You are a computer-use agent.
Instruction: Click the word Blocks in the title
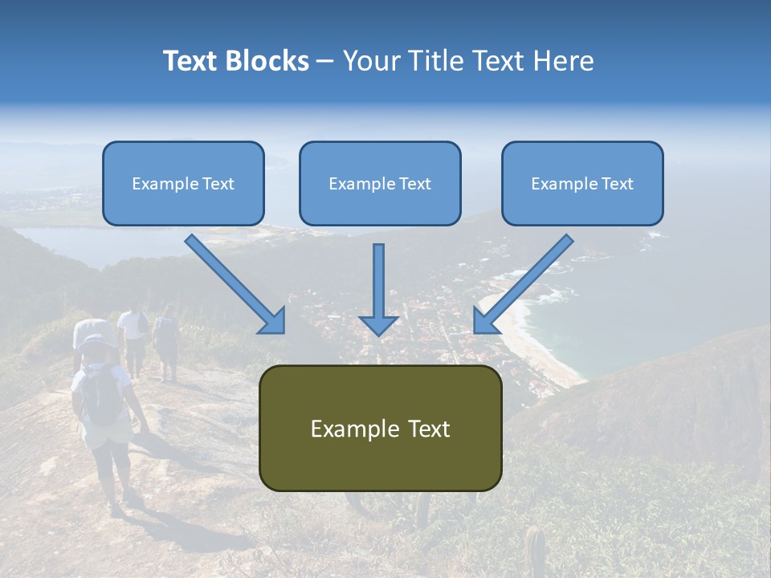point(267,61)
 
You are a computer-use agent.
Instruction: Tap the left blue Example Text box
point(183,183)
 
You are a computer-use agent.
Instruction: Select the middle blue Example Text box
point(380,183)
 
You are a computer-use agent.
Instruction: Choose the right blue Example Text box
point(582,183)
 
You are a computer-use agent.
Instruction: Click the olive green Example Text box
point(380,428)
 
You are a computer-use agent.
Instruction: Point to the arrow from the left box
point(233,283)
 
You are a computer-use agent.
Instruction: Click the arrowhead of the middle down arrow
point(379,324)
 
